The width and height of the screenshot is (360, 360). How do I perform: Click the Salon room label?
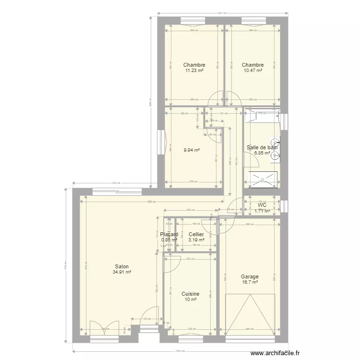click(x=121, y=266)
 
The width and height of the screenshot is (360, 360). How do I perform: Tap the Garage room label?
click(x=250, y=276)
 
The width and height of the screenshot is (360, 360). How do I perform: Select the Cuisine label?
click(x=191, y=294)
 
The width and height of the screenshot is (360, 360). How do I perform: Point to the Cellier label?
click(x=196, y=234)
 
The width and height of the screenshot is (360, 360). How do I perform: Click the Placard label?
click(x=169, y=234)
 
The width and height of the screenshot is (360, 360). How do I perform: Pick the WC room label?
click(x=262, y=205)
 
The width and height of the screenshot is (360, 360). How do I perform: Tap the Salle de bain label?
click(x=262, y=147)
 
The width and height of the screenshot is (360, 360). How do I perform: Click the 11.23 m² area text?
click(x=194, y=71)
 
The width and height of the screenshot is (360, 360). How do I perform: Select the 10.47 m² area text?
click(x=252, y=71)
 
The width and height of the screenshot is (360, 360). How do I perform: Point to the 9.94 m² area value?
click(x=192, y=150)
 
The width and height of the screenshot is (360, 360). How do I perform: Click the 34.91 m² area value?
click(x=122, y=272)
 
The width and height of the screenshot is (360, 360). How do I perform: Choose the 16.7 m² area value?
click(x=250, y=282)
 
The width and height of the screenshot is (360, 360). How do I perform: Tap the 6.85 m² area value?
click(x=262, y=153)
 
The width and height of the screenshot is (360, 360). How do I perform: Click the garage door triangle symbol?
click(x=250, y=314)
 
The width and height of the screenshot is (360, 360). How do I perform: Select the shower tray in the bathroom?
click(x=263, y=179)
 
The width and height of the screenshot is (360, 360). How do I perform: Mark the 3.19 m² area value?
click(x=196, y=240)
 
